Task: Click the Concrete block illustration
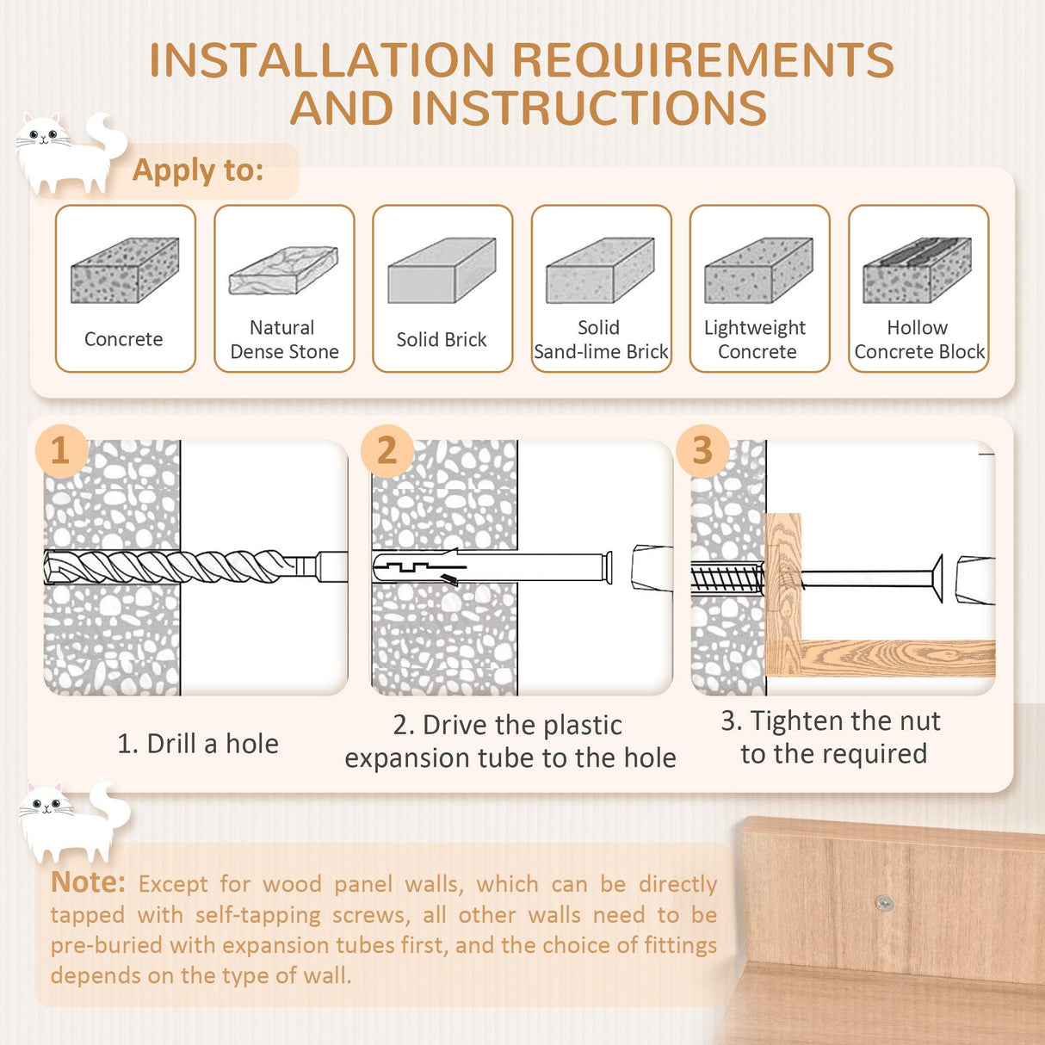point(125,271)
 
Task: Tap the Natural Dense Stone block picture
point(283,271)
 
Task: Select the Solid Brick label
point(442,340)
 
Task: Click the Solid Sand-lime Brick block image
point(600,271)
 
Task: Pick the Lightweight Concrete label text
point(756,340)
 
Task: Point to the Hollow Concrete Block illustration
point(917,271)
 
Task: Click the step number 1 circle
point(60,450)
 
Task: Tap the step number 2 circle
point(386,450)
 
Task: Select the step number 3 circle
point(702,450)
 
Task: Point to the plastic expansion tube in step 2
point(491,568)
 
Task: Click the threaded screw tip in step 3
point(727,578)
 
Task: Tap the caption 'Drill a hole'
point(198,744)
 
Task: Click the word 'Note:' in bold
point(89,882)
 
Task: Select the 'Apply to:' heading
point(198,170)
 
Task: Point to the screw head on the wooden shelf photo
point(884,903)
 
